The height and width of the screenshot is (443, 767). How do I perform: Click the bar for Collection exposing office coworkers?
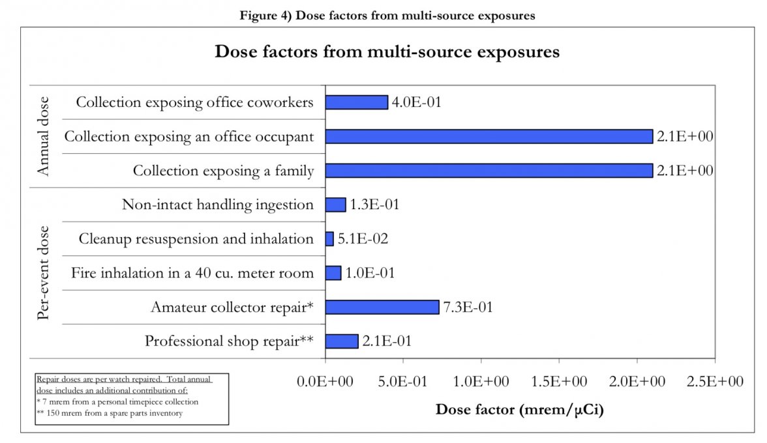[356, 102]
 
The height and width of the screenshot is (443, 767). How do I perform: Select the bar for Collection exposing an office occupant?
[489, 136]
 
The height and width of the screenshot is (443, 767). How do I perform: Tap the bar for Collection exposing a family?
[489, 171]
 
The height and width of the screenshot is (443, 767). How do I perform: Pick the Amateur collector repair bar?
[382, 307]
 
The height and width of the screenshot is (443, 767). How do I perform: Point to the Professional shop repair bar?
[341, 341]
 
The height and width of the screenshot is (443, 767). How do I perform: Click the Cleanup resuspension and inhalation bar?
[329, 239]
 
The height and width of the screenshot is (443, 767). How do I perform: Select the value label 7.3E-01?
[468, 307]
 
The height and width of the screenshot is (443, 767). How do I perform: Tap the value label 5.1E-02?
[363, 239]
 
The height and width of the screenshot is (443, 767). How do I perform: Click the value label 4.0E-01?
[417, 102]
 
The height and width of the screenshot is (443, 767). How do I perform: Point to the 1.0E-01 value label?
[370, 273]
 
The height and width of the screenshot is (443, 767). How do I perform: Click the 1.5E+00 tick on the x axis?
[559, 382]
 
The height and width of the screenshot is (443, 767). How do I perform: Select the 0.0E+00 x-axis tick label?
[325, 382]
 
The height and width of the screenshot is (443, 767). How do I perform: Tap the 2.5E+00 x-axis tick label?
[715, 382]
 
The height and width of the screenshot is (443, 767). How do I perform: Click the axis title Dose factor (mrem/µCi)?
[520, 410]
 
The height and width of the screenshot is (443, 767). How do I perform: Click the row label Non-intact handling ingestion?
[218, 205]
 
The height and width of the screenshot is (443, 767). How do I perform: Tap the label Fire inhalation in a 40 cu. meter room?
[192, 273]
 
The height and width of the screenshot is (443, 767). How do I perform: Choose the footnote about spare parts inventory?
[108, 412]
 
